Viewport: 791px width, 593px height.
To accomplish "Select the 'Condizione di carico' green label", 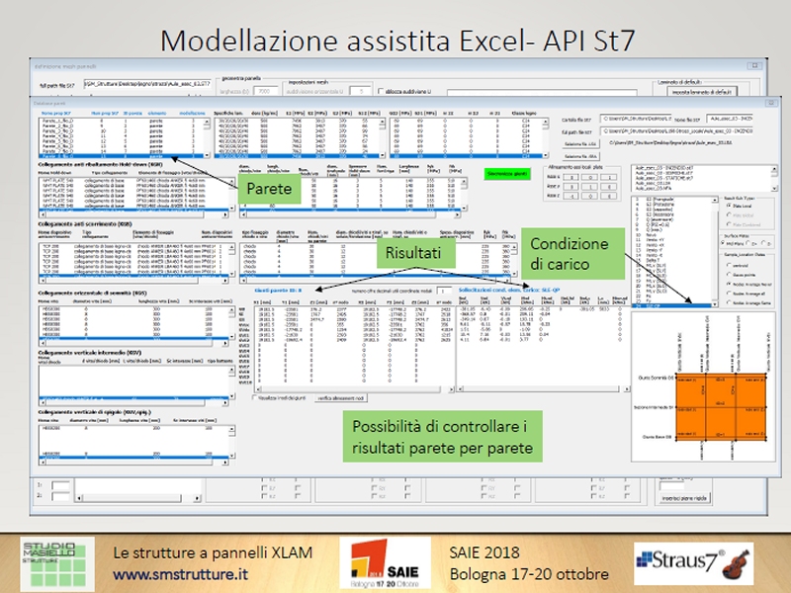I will click(x=573, y=255).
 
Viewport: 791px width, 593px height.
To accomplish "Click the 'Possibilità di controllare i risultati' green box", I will click(x=442, y=437).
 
